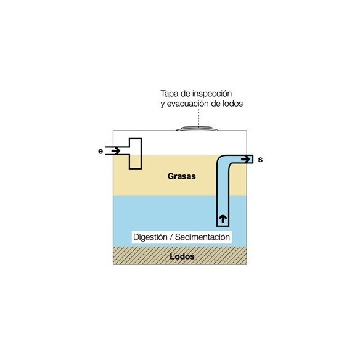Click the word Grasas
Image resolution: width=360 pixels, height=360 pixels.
[182, 176]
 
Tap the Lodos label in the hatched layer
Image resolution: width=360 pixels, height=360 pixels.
[182, 256]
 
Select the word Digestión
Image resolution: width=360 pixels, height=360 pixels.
[150, 237]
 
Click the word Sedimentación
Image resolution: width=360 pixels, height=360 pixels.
[202, 237]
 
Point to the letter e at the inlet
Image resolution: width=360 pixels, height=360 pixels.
[100, 151]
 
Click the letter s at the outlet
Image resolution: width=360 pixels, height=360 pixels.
[260, 159]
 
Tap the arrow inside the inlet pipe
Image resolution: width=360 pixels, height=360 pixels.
[116, 151]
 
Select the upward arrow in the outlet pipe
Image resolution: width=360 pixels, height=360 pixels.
[223, 219]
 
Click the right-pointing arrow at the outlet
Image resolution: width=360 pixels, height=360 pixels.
[246, 159]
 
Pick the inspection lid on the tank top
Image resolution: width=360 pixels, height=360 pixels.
[197, 129]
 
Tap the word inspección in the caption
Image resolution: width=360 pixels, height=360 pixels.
[212, 94]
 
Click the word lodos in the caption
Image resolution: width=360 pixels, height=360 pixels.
[232, 104]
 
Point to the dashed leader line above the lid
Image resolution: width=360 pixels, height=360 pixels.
[199, 118]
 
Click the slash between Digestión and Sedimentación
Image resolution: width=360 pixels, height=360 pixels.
[171, 237]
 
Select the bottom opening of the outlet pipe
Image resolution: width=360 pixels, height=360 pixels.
[223, 226]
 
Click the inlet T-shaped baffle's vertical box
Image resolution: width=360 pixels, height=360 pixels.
[135, 153]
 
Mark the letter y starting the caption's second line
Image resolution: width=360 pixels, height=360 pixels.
[163, 104]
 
